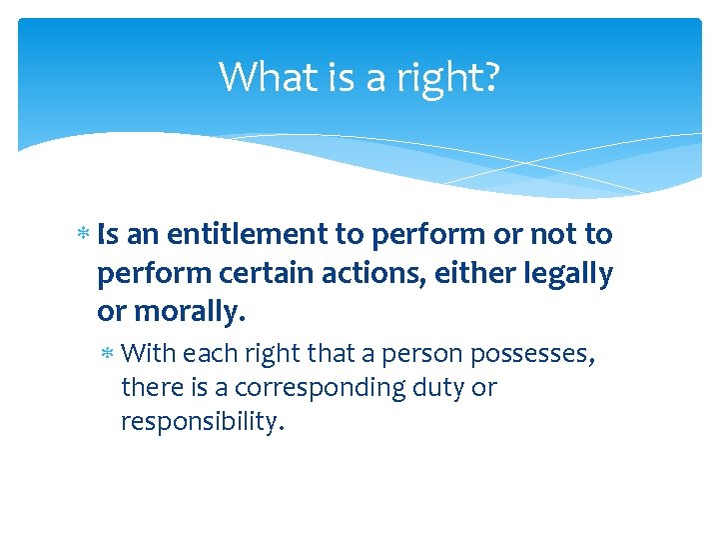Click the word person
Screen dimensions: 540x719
[411, 353]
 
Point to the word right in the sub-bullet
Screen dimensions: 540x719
[261, 353]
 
